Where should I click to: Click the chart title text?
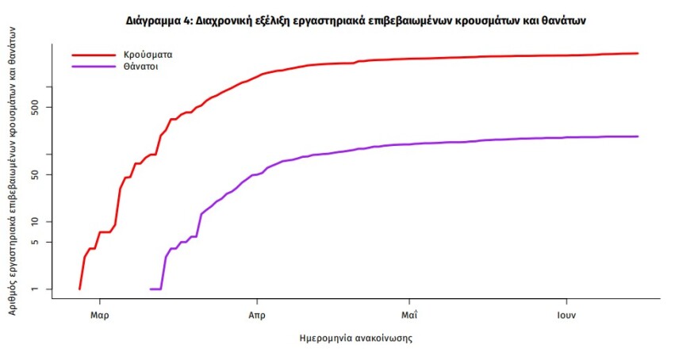point(355,21)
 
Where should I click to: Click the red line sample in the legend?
point(94,56)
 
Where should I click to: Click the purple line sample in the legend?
point(94,67)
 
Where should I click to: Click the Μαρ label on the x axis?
point(99,315)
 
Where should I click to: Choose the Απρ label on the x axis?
point(255,315)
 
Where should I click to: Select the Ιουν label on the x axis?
point(566,315)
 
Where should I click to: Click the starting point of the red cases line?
point(79,289)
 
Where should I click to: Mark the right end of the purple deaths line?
point(638,136)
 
